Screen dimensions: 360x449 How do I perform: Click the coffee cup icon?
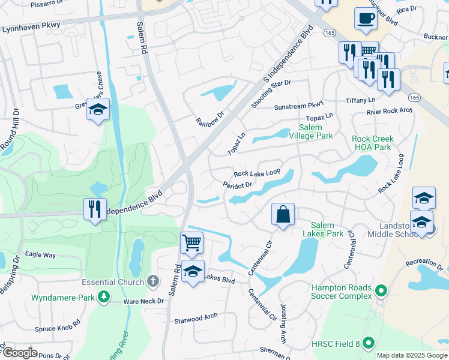pos(366,19)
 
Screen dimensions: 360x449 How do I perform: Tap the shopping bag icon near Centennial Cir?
pos(283,214)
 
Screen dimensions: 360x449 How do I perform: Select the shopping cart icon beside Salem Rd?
pos(191,243)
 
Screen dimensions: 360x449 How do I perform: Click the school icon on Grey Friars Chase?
pos(97,110)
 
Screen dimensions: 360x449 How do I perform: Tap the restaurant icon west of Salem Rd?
pos(95,209)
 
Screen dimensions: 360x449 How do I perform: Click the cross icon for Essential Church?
pos(153,281)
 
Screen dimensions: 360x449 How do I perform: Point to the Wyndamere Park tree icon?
pos(104,296)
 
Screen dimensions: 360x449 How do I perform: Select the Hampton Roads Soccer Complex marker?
pos(379,292)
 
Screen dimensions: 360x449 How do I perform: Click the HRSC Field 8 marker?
pos(369,343)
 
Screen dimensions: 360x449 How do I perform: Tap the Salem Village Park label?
pos(315,131)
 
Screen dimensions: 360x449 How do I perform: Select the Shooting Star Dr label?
pos(271,94)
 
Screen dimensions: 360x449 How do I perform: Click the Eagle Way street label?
pos(41,255)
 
